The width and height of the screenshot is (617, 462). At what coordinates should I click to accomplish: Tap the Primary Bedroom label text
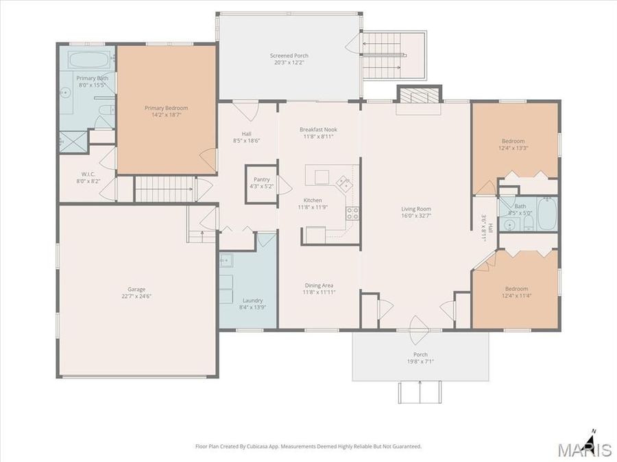click(166, 107)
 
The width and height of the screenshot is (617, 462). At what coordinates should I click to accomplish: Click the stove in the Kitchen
click(353, 213)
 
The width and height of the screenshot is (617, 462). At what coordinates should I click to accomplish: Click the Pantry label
click(261, 179)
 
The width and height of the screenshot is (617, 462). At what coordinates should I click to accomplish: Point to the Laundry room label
click(252, 300)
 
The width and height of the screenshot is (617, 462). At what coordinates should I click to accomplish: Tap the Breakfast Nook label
click(318, 129)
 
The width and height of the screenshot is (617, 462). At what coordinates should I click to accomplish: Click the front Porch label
click(420, 355)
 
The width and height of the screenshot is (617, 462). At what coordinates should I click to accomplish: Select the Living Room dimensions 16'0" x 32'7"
click(416, 216)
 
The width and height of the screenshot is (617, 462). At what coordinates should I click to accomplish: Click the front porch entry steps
click(420, 392)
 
